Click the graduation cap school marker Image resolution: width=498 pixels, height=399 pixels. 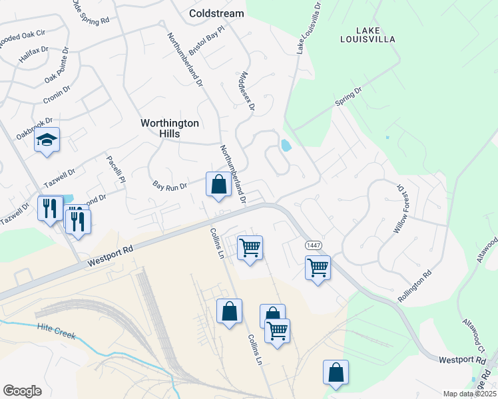pyautogui.click(x=47, y=140)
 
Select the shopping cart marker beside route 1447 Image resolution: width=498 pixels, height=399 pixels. pyautogui.click(x=318, y=268)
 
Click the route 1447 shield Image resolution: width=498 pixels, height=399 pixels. pyautogui.click(x=314, y=246)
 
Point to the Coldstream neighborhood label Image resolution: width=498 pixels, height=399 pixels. pyautogui.click(x=216, y=13)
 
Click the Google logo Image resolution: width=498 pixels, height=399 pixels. pyautogui.click(x=22, y=390)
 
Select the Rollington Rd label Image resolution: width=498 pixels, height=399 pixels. pyautogui.click(x=415, y=283)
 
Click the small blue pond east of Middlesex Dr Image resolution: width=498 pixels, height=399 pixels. pyautogui.click(x=286, y=145)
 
